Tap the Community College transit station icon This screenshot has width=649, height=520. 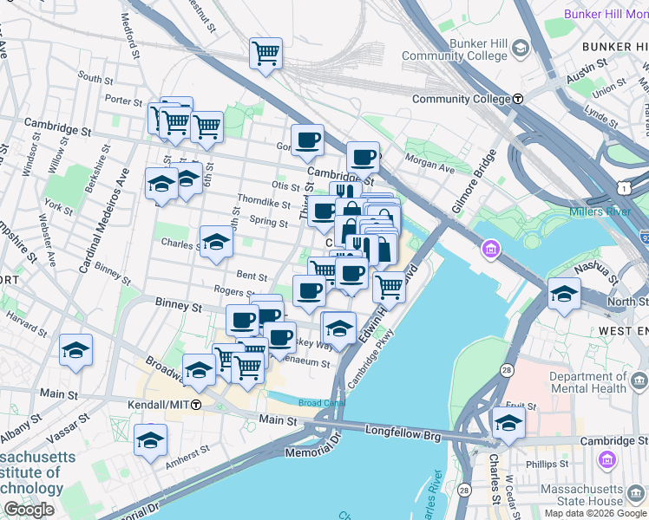tap(517, 99)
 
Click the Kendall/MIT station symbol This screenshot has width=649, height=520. tap(197, 405)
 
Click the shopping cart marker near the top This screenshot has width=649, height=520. tap(265, 53)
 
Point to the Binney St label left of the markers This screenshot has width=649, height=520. tap(178, 306)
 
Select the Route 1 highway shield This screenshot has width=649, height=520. tap(624, 187)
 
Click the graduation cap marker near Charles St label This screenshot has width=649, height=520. tap(216, 241)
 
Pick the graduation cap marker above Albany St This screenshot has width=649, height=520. tap(75, 351)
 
